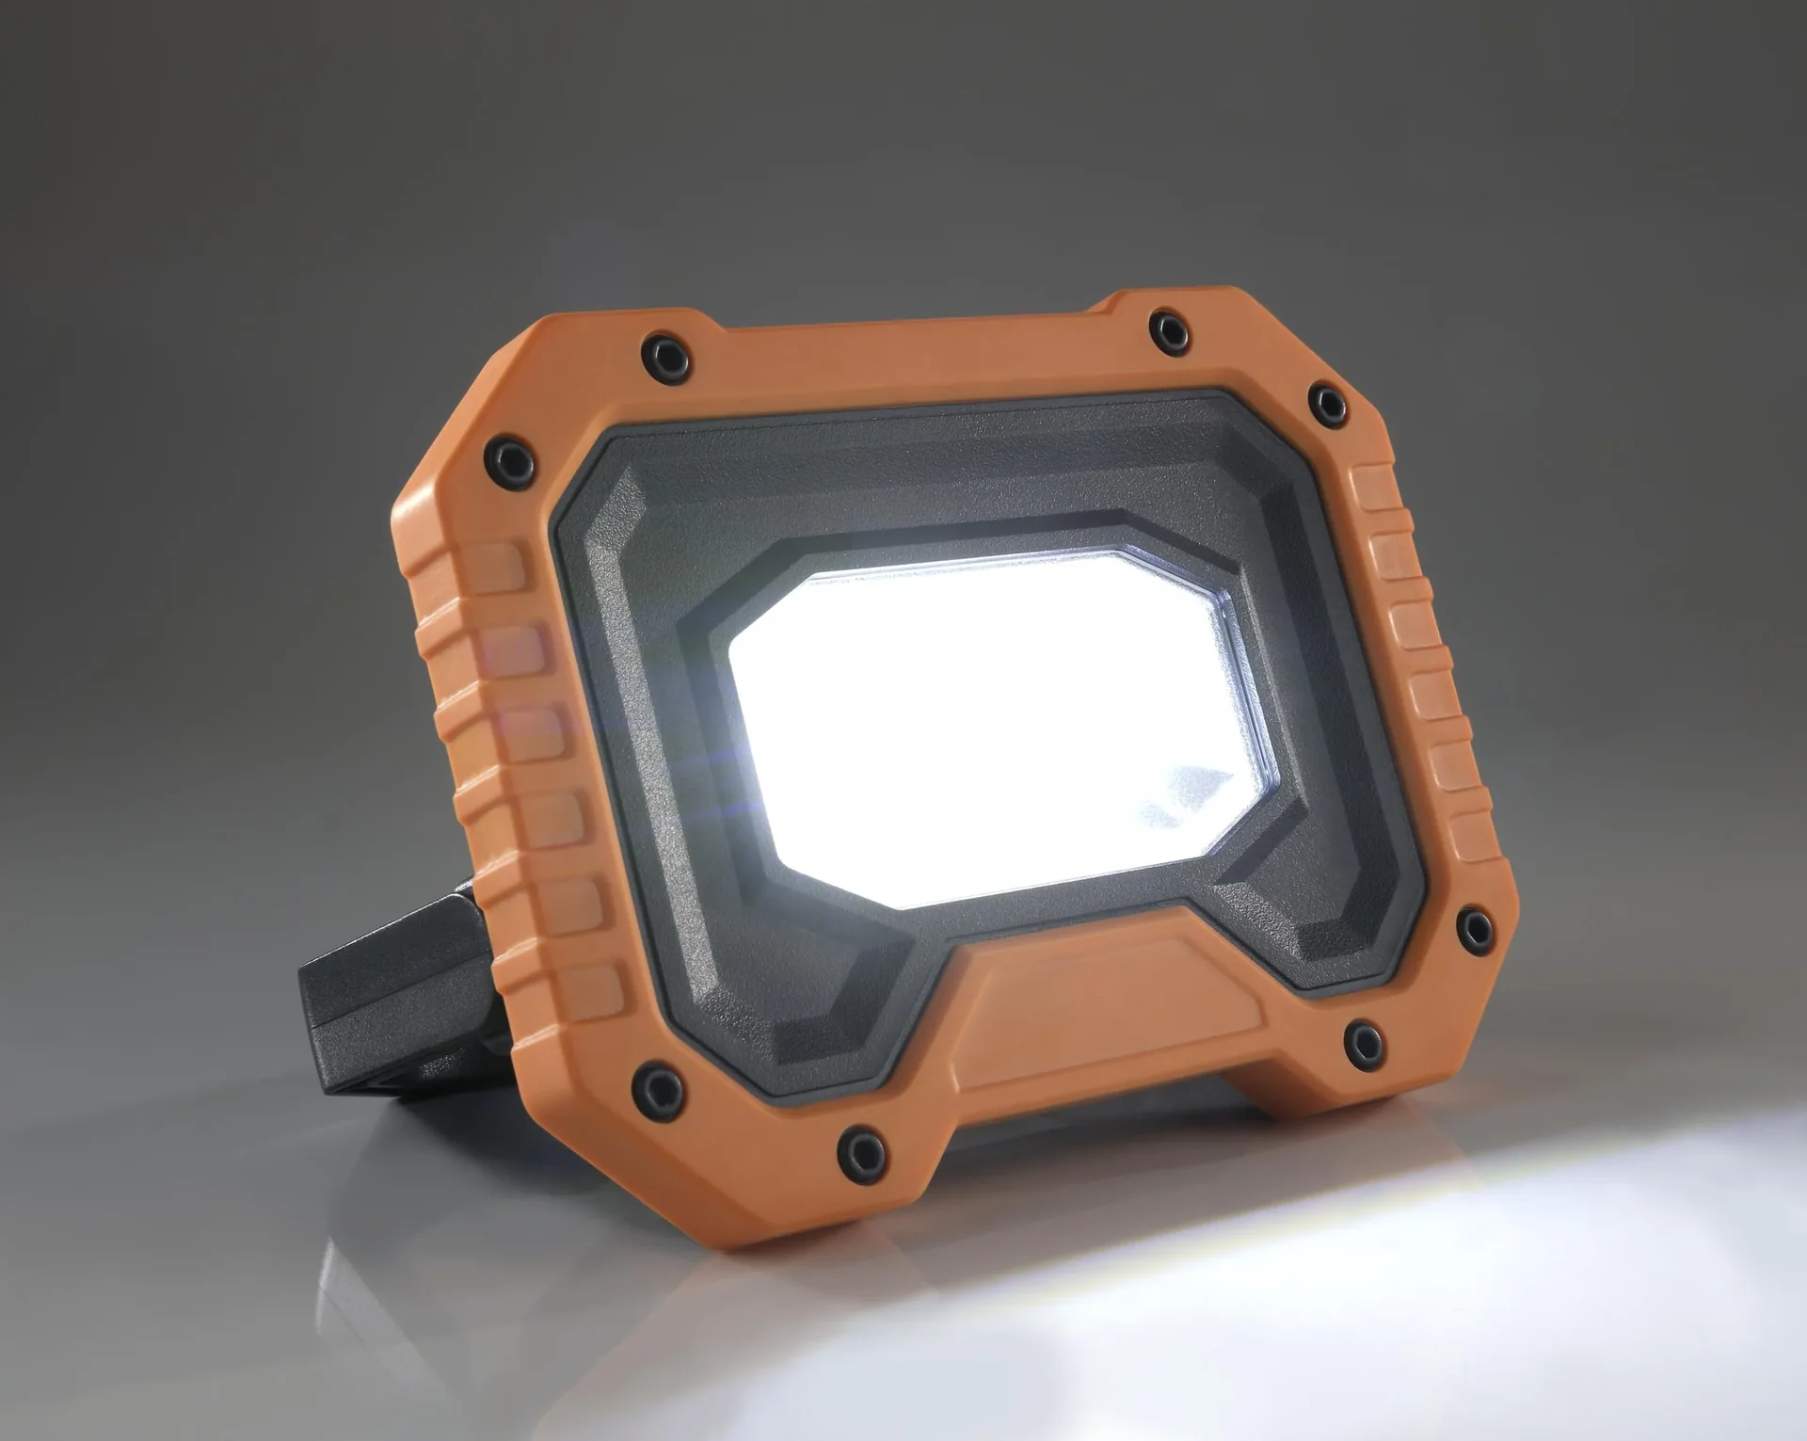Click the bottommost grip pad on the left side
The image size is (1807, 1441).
[593, 984]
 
